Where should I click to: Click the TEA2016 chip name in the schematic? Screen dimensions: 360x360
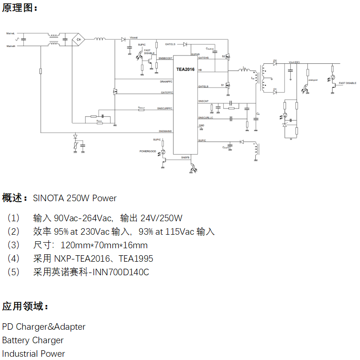185,69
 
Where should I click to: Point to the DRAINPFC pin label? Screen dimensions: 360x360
166,82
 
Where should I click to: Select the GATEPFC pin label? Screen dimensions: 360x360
167,92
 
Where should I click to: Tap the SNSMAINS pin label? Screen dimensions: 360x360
165,131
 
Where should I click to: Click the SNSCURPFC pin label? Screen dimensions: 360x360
165,109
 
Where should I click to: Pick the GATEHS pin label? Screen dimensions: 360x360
203,58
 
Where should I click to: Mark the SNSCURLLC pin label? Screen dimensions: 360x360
205,118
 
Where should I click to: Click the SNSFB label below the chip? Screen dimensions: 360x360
185,157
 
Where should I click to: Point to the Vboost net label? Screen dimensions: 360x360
133,37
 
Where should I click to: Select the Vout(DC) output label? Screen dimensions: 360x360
294,62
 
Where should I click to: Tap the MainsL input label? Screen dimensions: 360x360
11,34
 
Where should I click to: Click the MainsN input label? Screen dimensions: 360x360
11,46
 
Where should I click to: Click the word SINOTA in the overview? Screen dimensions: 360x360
49,198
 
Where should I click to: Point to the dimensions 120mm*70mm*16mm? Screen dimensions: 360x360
104,245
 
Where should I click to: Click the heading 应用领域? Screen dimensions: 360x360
25,306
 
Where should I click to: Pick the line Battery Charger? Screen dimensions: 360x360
33,340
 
